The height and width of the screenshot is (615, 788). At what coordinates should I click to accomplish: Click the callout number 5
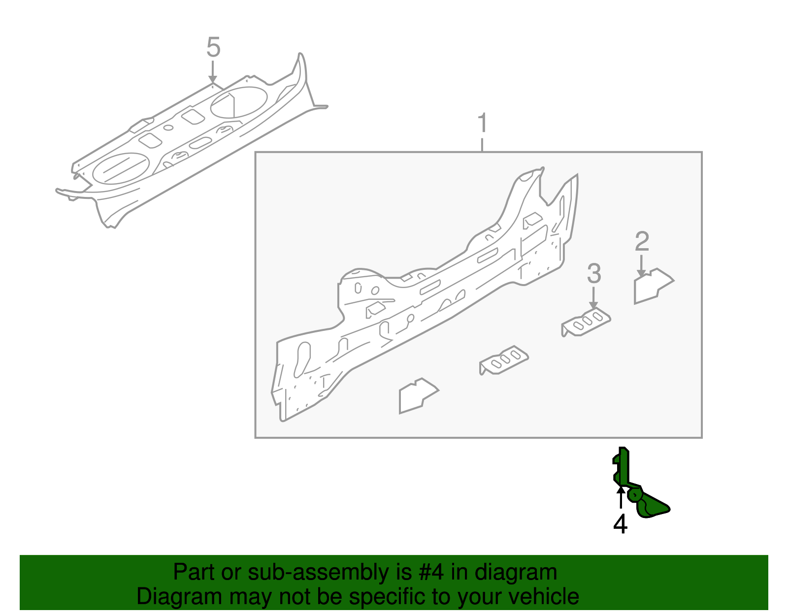click(213, 48)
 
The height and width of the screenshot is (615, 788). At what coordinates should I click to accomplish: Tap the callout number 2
click(642, 242)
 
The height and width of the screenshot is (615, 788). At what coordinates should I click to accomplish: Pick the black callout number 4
click(620, 523)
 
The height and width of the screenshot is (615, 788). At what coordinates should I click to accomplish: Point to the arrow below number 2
click(641, 266)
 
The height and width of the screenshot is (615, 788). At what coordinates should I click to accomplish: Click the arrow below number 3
click(593, 298)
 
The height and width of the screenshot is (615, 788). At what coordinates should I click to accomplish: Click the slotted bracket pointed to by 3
click(586, 323)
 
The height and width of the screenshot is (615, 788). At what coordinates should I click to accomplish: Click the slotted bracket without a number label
click(504, 360)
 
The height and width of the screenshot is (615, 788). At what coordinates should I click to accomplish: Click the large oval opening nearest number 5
click(239, 102)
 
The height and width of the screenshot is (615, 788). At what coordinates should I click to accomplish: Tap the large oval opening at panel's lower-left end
click(120, 168)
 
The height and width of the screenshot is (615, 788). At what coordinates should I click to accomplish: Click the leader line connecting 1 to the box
click(482, 145)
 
